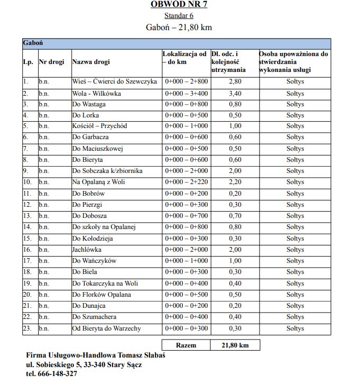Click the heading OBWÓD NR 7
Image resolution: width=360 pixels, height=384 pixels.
pyautogui.click(x=179, y=4)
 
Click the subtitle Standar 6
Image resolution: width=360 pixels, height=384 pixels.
pyautogui.click(x=179, y=16)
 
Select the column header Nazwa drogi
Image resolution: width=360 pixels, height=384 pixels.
pyautogui.click(x=91, y=62)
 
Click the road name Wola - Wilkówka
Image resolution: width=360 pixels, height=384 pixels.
pyautogui.click(x=97, y=93)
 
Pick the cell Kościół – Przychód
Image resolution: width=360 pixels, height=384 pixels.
pyautogui.click(x=99, y=126)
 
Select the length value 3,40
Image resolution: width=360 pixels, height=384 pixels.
pyautogui.click(x=235, y=93)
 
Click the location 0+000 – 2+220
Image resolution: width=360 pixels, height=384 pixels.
pyautogui.click(x=187, y=182)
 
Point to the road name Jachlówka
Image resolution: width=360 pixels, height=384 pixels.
pyautogui.click(x=87, y=250)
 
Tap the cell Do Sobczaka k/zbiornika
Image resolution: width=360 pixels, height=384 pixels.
pyautogui.click(x=107, y=171)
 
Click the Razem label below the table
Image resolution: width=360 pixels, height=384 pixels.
pyautogui.click(x=186, y=345)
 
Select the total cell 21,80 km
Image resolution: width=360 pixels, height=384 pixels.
pyautogui.click(x=235, y=345)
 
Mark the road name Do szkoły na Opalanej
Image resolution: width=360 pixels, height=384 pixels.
pyautogui.click(x=104, y=227)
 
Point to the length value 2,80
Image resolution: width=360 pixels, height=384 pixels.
pyautogui.click(x=235, y=82)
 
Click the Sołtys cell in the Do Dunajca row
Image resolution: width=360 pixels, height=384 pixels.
pyautogui.click(x=295, y=306)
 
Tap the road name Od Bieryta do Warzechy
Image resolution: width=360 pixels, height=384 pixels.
pyautogui.click(x=106, y=328)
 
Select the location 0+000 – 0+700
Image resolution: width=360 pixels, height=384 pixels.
pyautogui.click(x=187, y=216)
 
